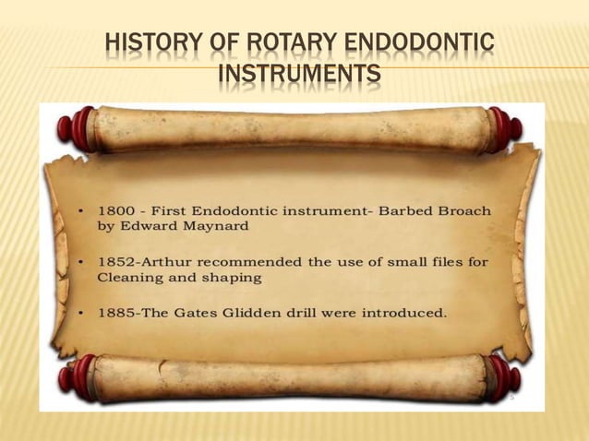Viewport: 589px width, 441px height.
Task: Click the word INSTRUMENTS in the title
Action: click(297, 72)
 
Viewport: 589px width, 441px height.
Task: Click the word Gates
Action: click(189, 313)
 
